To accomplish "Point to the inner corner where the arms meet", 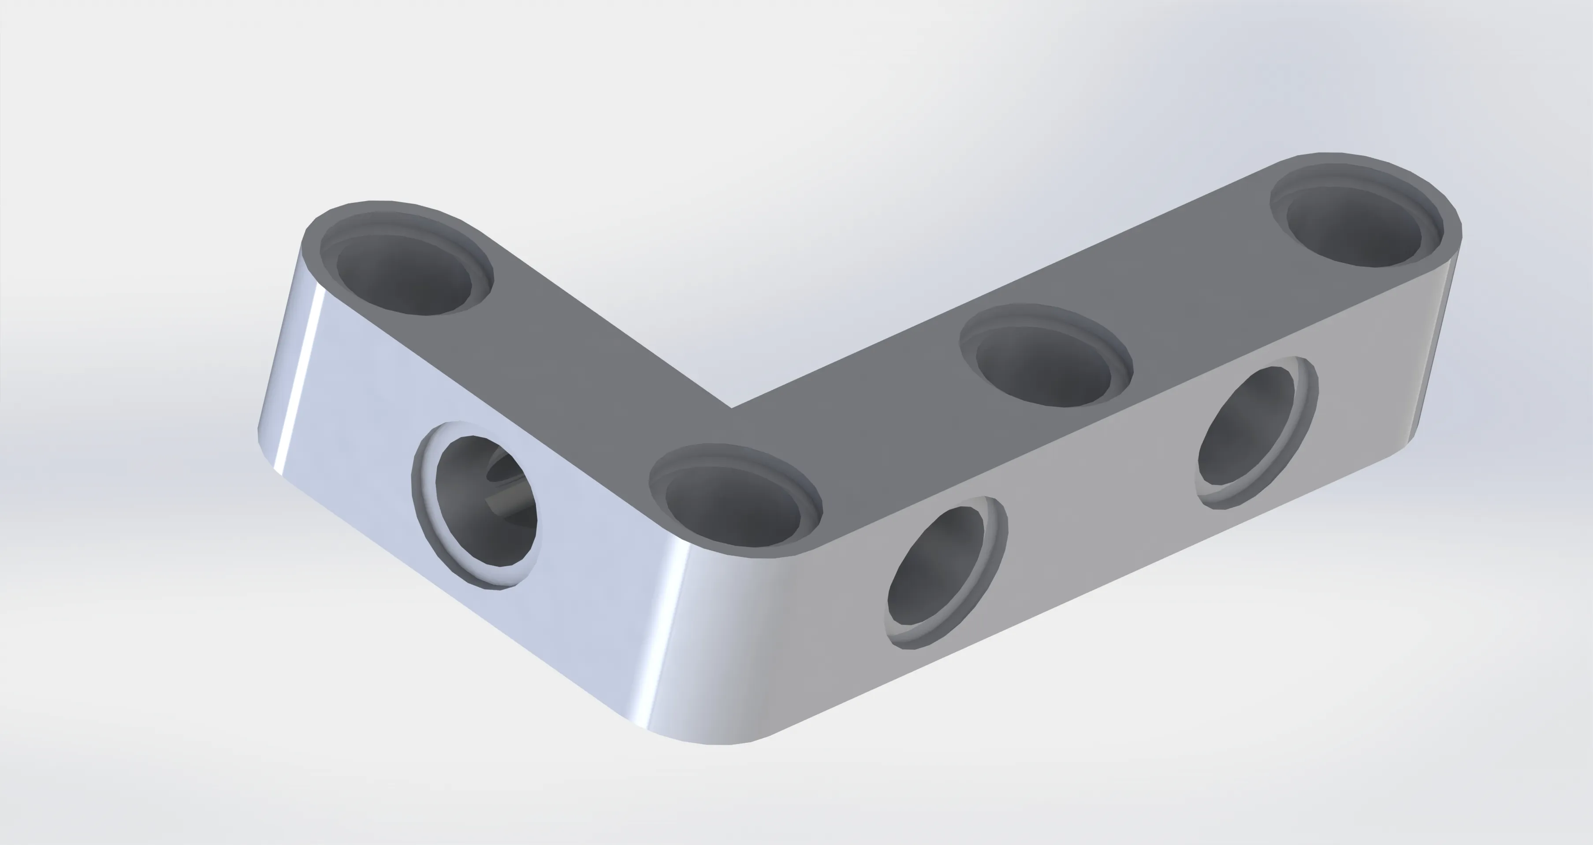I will pyautogui.click(x=732, y=408).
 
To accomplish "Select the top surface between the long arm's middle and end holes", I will pyautogui.click(x=1206, y=278).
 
